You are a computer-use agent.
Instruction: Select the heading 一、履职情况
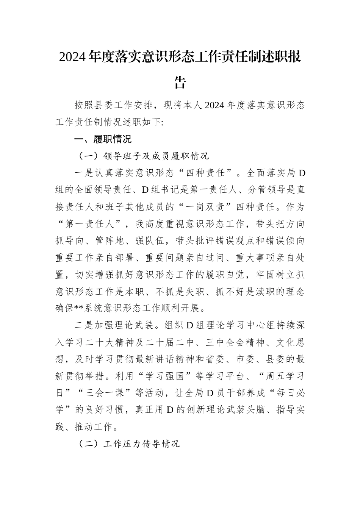(103, 139)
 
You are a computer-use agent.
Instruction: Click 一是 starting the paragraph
(84, 173)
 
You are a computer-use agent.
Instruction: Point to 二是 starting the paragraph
(84, 326)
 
